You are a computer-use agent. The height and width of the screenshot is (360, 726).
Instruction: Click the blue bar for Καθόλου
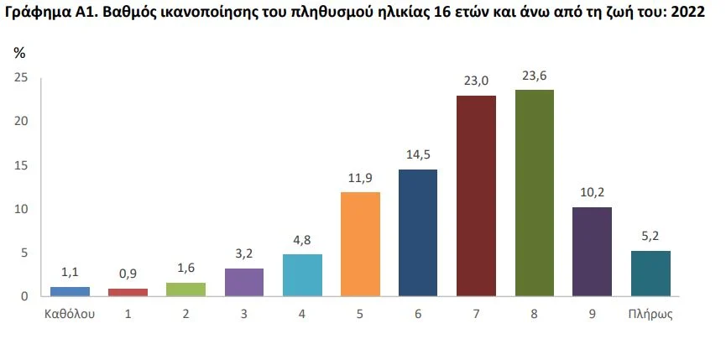pos(70,291)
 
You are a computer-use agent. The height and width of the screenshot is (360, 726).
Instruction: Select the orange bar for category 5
pos(360,243)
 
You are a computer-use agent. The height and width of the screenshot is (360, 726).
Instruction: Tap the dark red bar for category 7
pos(476,196)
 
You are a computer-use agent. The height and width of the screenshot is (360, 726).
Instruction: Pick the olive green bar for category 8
pos(534,193)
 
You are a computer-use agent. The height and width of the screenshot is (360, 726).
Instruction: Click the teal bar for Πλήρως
pos(650,274)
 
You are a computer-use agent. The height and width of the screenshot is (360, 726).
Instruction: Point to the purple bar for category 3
pos(244,282)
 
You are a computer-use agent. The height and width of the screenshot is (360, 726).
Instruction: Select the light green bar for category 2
pos(186,290)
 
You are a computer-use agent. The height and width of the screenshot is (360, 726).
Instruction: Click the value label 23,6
pos(534,76)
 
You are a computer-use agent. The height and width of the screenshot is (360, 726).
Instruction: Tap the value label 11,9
pos(360,179)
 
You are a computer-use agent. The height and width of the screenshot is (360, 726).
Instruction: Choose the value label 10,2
pos(592,194)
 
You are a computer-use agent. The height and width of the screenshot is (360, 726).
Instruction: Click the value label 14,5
pos(418,156)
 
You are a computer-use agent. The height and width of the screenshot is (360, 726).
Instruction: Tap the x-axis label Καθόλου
pos(70,316)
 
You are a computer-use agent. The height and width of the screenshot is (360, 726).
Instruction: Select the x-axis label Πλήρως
pos(650,316)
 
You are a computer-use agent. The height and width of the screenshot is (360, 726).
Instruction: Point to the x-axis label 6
pos(418,316)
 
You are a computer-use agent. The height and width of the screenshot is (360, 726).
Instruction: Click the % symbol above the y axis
pos(19,53)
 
